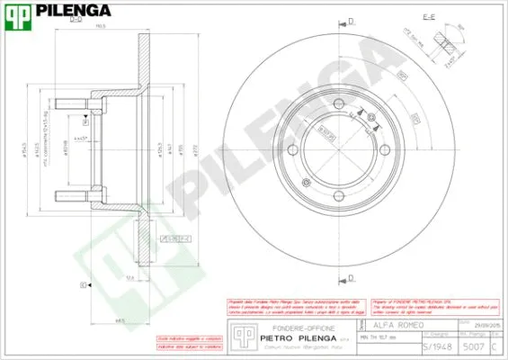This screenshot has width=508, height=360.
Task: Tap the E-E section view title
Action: [429, 17]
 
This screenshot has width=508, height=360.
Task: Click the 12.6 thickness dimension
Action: [130, 278]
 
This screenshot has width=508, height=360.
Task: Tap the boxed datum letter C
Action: [83, 284]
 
